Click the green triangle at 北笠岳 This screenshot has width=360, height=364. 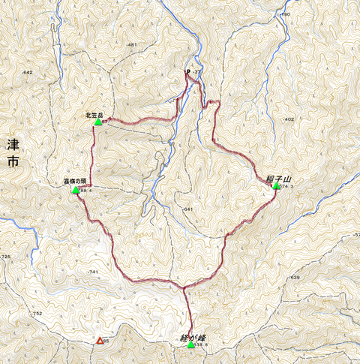pyautogui.click(x=98, y=122)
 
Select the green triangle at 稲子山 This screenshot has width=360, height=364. pyautogui.click(x=276, y=186)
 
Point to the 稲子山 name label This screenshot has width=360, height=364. pyautogui.click(x=277, y=178)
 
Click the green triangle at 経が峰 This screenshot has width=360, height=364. pyautogui.click(x=191, y=345)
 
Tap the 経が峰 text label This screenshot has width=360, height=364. pyautogui.click(x=193, y=337)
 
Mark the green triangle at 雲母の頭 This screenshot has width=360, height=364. pyautogui.click(x=75, y=191)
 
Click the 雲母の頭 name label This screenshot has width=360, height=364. pyautogui.click(x=76, y=182)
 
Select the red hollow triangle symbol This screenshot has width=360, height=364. pyautogui.click(x=98, y=341)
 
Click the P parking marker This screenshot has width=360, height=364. pyautogui.click(x=187, y=73)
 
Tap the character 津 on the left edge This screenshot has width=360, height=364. pyautogui.click(x=12, y=143)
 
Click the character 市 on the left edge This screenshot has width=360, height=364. pyautogui.click(x=12, y=161)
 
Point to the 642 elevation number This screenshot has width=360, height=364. pyautogui.click(x=28, y=72)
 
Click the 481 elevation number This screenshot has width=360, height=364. pyautogui.click(x=133, y=46)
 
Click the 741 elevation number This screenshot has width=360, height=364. pyautogui.click(x=93, y=272)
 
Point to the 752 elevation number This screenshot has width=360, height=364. pyautogui.click(x=36, y=314)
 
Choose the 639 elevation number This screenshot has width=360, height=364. pyautogui.click(x=294, y=278)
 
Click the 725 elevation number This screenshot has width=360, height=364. pyautogui.click(x=6, y=257)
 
